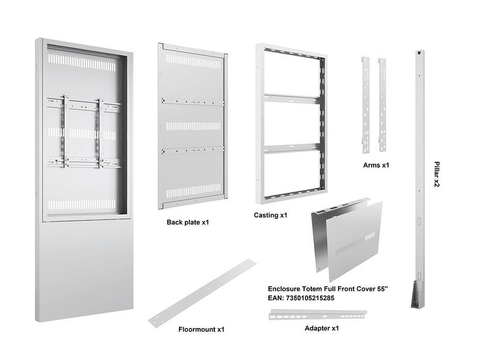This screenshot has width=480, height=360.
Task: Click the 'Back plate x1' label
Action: click(187, 222)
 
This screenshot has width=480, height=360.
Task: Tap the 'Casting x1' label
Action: click(270, 215)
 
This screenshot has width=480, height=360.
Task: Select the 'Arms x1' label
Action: click(375, 165)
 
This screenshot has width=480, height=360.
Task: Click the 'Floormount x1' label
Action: click(201, 329)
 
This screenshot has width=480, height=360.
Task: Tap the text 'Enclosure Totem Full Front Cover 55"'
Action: click(328, 289)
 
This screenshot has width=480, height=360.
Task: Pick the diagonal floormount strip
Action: click(202, 293)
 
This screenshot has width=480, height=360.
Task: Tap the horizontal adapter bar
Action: click(317, 314)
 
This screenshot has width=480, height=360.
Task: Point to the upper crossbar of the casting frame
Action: click(291, 99)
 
